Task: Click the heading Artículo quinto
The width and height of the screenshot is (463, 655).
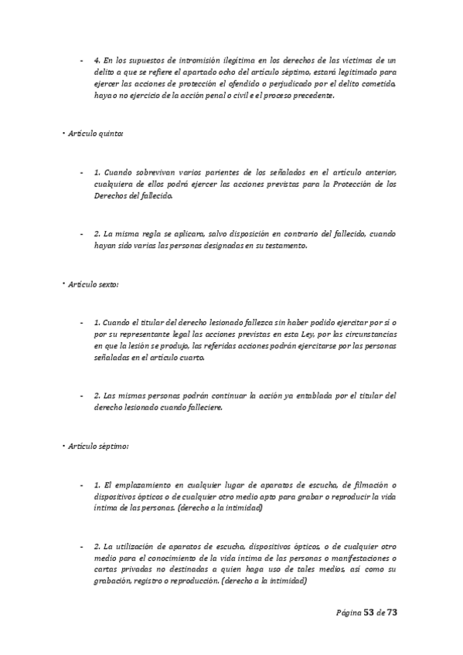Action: click(x=94, y=134)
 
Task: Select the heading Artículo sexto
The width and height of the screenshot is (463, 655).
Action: click(x=93, y=284)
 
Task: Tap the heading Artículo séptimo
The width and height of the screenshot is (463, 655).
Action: click(x=97, y=446)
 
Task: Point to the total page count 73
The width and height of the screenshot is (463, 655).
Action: click(x=391, y=612)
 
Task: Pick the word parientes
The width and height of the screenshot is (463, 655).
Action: click(x=206, y=171)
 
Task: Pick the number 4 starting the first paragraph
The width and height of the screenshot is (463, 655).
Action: click(x=95, y=59)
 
